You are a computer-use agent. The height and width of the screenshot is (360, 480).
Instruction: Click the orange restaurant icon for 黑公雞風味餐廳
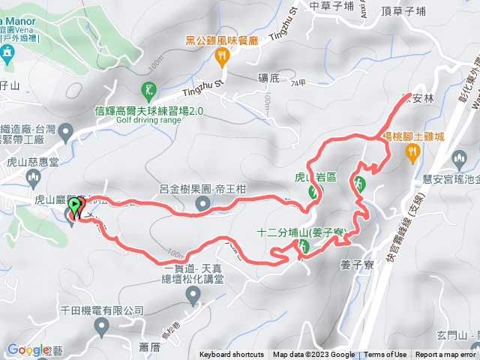tap(221, 55)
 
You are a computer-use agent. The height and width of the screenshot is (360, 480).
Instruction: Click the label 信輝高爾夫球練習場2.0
tap(149, 110)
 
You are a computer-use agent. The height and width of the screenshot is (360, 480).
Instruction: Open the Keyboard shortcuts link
tap(232, 355)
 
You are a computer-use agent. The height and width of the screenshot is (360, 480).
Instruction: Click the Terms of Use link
tap(385, 355)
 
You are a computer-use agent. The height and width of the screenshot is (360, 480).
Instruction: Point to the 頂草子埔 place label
tap(403, 10)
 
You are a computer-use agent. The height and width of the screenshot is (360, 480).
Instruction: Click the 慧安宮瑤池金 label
tap(451, 157)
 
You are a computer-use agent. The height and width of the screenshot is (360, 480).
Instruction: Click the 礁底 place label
tap(268, 76)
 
